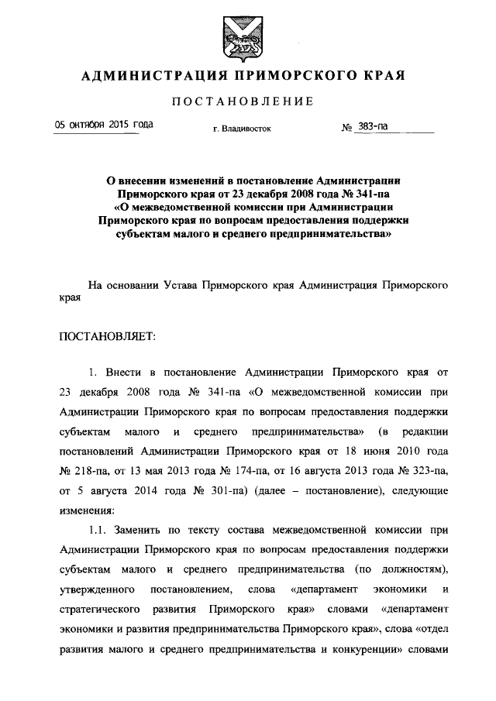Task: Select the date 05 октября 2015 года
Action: (102, 125)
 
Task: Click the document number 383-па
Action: (370, 126)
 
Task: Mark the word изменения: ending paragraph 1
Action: (86, 511)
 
